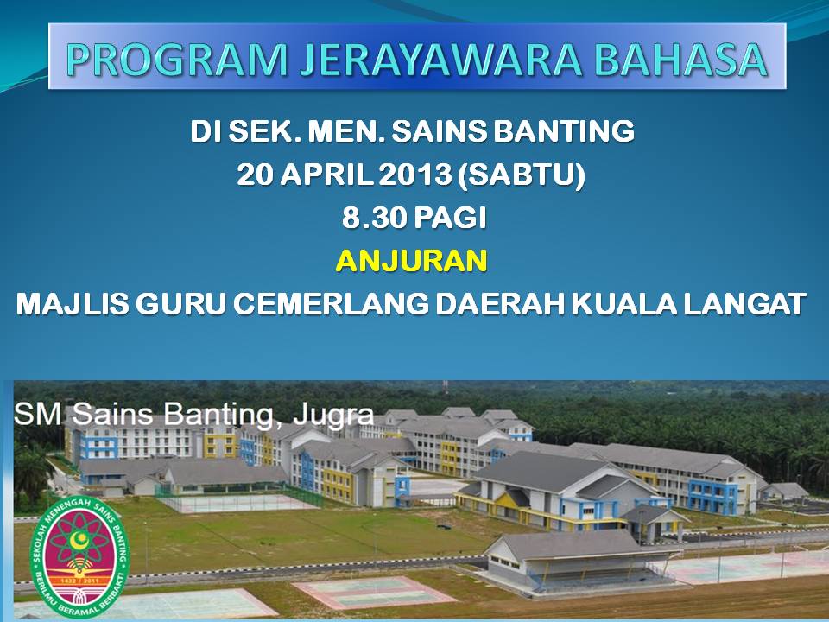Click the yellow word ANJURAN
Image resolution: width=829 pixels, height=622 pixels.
click(411, 261)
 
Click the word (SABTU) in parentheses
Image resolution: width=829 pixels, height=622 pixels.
click(521, 175)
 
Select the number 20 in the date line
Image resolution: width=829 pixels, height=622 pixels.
click(256, 175)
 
